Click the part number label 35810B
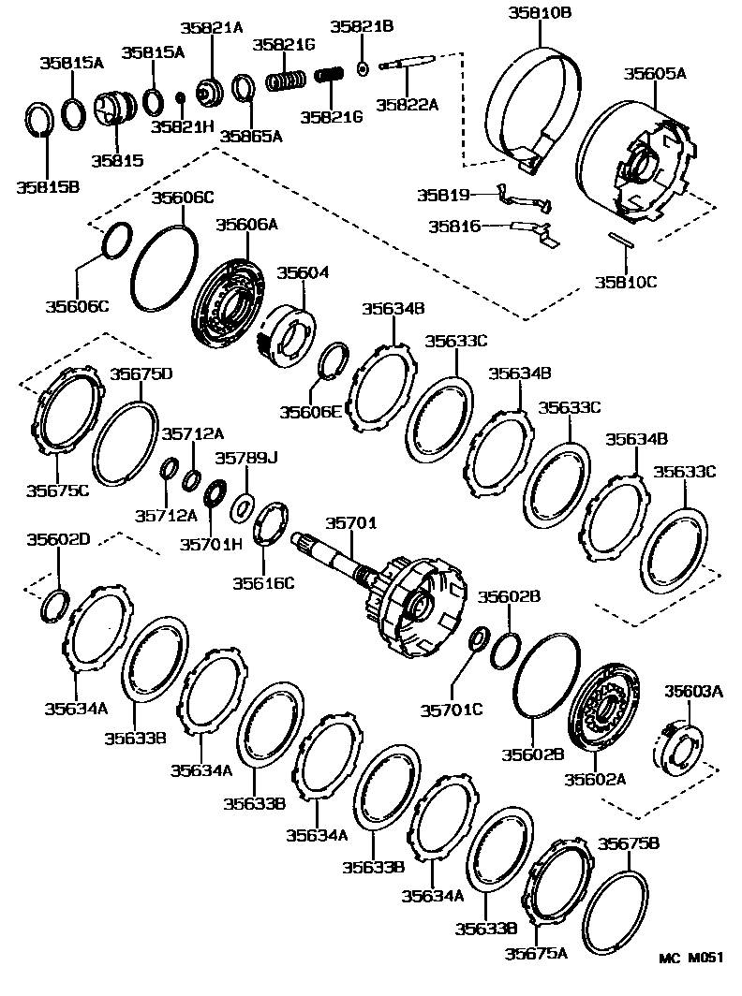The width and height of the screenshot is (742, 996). pyautogui.click(x=541, y=12)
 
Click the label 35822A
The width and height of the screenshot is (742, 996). pyautogui.click(x=407, y=105)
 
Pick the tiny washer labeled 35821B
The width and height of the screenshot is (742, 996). pyautogui.click(x=362, y=67)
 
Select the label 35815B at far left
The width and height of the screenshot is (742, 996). pyautogui.click(x=47, y=186)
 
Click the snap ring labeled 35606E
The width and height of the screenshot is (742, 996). pyautogui.click(x=334, y=362)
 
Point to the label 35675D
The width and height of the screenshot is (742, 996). pyautogui.click(x=141, y=374)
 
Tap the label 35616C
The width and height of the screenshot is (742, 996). pyautogui.click(x=264, y=583)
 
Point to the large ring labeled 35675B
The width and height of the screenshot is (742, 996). pyautogui.click(x=615, y=908)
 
